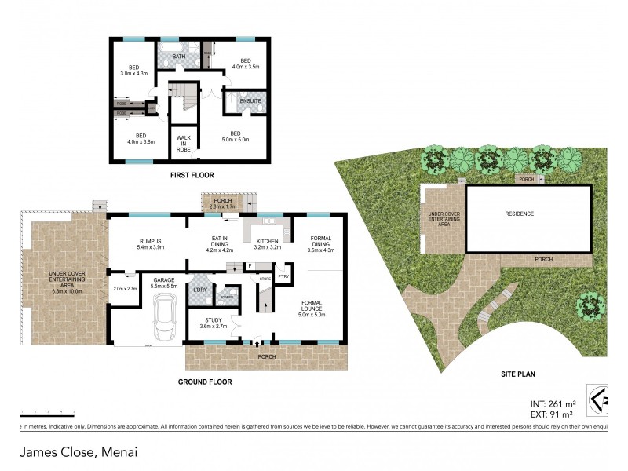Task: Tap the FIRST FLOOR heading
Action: [x=192, y=175]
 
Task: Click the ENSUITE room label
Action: [x=239, y=100]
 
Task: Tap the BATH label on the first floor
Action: [x=179, y=56]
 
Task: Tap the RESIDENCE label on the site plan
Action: [x=519, y=214]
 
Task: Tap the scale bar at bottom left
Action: [x=47, y=411]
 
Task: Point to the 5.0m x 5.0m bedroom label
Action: [x=235, y=137]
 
